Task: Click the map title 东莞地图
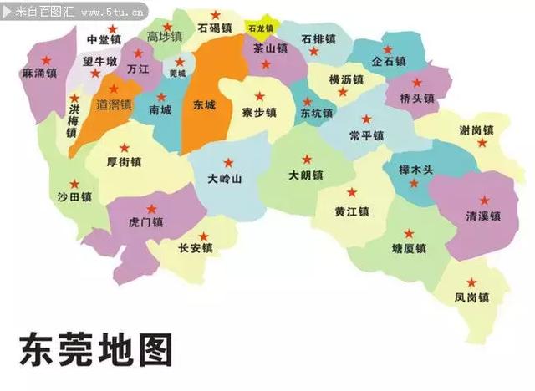click(95, 350)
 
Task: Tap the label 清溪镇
click(482, 216)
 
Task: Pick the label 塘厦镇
click(409, 249)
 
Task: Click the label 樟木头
click(417, 170)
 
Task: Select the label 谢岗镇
click(476, 130)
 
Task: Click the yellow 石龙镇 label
click(261, 28)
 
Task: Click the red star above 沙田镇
click(74, 183)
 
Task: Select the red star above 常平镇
click(366, 119)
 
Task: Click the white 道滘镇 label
click(115, 105)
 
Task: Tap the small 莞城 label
click(177, 74)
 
